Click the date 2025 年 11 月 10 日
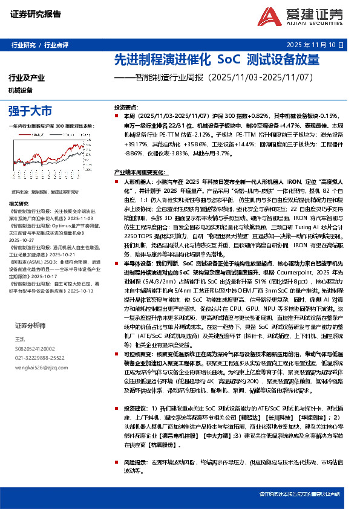tap(319, 45)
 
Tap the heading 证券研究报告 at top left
tap(32, 13)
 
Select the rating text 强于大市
tap(30, 111)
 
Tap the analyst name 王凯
tap(20, 339)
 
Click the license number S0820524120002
tap(34, 348)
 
